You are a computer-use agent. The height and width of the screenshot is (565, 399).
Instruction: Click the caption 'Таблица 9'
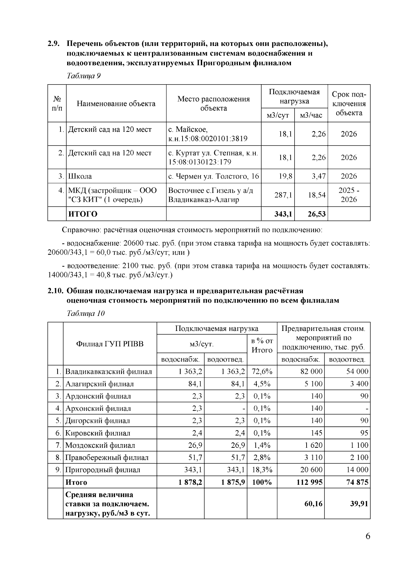tap(84, 76)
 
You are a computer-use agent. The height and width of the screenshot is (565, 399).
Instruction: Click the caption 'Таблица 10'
tap(86, 313)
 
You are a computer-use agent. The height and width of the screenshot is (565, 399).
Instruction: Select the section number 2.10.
tap(55, 291)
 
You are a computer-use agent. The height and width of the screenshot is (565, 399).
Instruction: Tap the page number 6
tap(367, 536)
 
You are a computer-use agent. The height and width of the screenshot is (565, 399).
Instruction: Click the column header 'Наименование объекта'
tap(116, 104)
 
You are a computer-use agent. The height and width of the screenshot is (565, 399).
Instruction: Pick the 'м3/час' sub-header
tap(311, 115)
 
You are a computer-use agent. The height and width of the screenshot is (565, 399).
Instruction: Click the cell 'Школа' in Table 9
tap(80, 176)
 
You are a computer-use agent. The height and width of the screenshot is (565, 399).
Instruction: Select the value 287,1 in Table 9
tap(283, 195)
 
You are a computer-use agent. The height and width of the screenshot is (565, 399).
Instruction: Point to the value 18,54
tap(317, 195)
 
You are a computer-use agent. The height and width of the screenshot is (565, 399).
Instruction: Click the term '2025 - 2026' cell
tap(348, 195)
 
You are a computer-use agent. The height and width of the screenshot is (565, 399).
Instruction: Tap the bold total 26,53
tap(317, 214)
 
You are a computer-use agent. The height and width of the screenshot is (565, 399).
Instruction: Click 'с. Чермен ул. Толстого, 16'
tap(213, 176)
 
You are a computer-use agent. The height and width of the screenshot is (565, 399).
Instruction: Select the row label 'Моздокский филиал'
tap(100, 445)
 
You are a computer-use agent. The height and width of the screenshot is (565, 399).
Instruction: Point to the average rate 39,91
tap(359, 503)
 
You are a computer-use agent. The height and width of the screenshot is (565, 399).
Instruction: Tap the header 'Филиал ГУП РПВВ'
tap(110, 344)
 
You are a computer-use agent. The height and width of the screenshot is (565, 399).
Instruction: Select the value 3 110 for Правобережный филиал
tap(313, 457)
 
